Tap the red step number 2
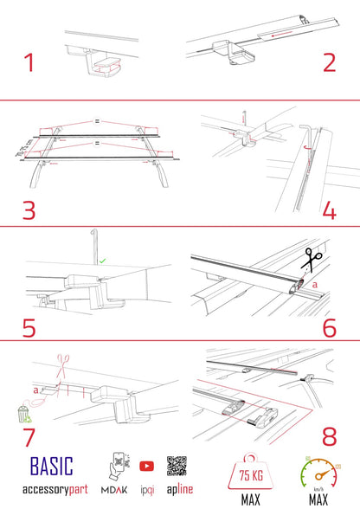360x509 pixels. tap(329, 63)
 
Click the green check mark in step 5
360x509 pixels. tap(103, 259)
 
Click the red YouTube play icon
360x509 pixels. tap(146, 465)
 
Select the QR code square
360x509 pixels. tap(177, 465)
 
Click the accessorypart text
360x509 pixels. tap(55, 489)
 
